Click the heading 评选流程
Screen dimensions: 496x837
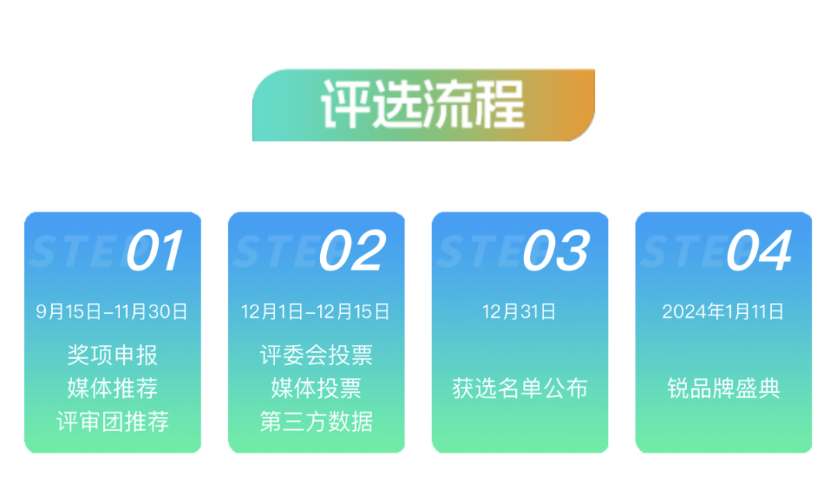click(x=423, y=105)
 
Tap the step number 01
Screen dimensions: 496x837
click(x=155, y=250)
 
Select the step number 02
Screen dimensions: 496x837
click(x=352, y=250)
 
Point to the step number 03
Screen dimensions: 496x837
click(x=556, y=250)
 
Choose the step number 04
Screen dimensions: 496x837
click(x=760, y=250)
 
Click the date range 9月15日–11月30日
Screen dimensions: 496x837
click(x=112, y=312)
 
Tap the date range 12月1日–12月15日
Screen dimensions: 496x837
click(x=315, y=312)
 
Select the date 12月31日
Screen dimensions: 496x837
click(x=519, y=312)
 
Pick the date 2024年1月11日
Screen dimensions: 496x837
click(x=723, y=312)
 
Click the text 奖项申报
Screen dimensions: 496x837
click(x=112, y=356)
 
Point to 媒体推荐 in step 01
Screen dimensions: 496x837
click(x=112, y=388)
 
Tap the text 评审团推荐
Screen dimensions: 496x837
click(x=112, y=422)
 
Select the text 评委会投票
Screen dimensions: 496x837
click(x=316, y=356)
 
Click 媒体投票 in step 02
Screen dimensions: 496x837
click(x=316, y=388)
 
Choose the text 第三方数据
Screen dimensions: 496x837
click(x=316, y=422)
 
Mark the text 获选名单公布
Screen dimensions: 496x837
click(x=519, y=388)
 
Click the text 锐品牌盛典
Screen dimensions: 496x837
click(x=723, y=388)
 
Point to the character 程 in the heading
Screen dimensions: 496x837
click(x=500, y=105)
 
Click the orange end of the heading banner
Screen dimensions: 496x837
click(x=577, y=105)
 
